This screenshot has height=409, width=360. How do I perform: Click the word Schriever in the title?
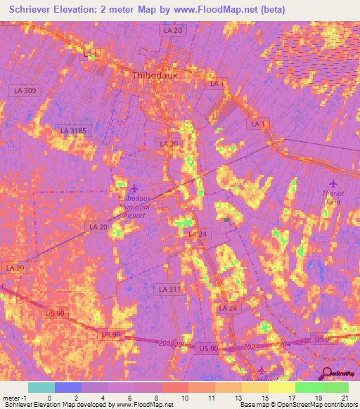pos(35,9)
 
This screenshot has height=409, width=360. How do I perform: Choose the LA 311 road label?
pos(167,289)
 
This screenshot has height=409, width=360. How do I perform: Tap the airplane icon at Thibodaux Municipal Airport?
pos(134,188)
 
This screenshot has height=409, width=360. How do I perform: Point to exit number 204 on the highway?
pos(284,344)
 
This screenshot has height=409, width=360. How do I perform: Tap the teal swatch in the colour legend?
pos(41,387)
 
